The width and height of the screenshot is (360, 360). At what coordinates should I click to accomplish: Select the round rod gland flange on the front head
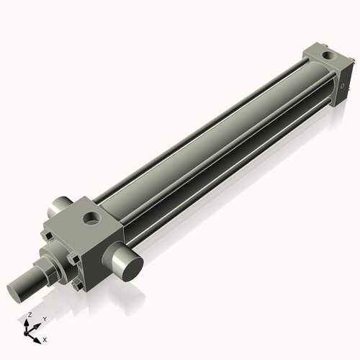tap(57, 258)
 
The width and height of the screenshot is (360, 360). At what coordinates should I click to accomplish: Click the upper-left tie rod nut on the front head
tap(46, 235)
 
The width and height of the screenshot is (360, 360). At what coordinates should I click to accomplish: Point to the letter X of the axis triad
tap(45, 338)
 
